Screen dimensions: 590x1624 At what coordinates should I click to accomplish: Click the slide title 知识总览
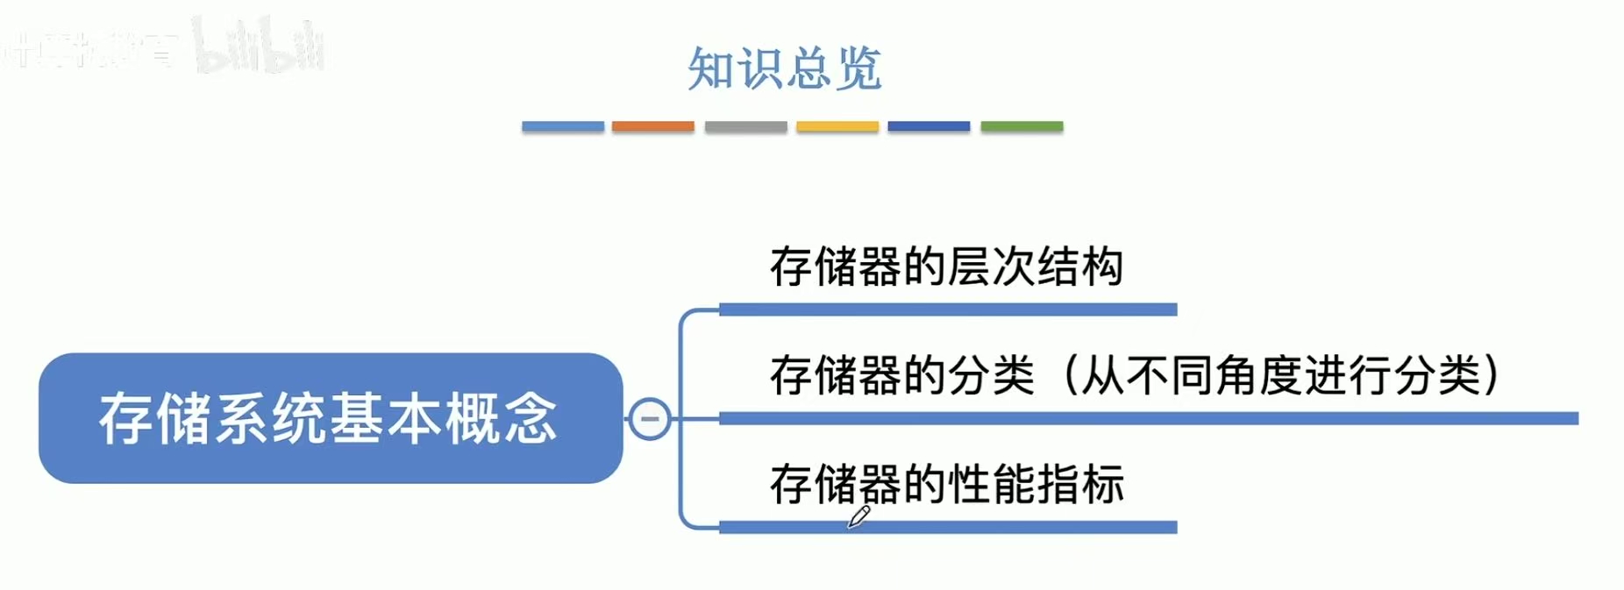784,68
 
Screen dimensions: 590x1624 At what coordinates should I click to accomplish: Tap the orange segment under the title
652,126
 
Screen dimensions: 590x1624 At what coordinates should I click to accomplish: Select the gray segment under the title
745,126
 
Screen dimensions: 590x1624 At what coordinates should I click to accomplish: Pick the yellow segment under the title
837,126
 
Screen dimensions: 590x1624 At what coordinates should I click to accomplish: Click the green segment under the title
1022,126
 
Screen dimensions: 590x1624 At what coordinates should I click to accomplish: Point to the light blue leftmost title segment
562,126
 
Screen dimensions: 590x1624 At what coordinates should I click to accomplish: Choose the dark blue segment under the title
929,126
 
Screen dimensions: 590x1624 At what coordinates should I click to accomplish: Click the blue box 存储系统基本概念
330,418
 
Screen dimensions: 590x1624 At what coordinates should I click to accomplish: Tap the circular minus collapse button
650,418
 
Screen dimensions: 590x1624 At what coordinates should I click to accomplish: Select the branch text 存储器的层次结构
946,267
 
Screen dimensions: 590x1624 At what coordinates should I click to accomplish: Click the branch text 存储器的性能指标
946,484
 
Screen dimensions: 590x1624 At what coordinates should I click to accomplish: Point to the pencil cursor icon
858,517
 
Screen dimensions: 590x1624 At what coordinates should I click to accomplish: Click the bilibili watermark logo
259,46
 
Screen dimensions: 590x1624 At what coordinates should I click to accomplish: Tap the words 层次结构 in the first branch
1035,267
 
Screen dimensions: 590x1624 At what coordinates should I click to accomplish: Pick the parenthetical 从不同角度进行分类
1280,375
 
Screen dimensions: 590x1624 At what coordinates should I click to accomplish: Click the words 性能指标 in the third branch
1035,484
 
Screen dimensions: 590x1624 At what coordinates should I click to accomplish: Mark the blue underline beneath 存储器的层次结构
947,309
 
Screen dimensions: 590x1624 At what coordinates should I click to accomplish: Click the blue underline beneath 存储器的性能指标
947,527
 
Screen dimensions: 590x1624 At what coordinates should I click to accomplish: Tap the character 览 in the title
858,68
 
